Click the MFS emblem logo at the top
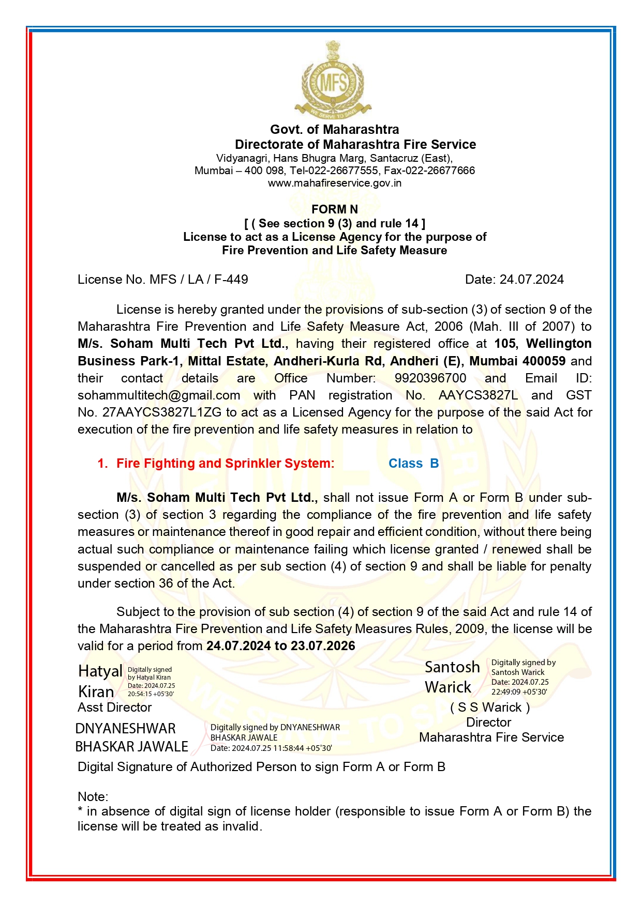coord(333,80)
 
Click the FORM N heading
coord(334,209)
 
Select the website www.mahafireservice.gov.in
coord(334,183)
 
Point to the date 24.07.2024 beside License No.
coord(531,280)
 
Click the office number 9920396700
coord(430,378)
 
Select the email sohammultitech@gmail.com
coord(159,395)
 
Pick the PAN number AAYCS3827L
coord(477,395)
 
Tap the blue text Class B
coord(413,464)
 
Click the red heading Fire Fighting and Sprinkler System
coord(225,464)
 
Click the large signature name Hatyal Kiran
coord(100,681)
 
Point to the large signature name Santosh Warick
coord(452,677)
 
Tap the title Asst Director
coord(114,708)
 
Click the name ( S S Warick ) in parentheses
coord(489,708)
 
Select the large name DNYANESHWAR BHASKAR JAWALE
coord(131,737)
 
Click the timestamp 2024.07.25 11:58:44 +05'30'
coord(281,748)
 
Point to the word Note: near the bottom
coord(93,797)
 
